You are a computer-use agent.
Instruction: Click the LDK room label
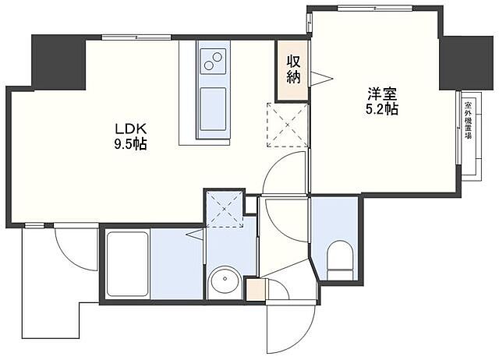129,129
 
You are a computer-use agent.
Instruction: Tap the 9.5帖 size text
129,144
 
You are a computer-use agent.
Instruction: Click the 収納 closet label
293,69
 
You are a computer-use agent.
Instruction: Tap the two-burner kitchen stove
211,58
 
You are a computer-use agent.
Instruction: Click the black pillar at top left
57,61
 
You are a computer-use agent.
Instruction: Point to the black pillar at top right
461,62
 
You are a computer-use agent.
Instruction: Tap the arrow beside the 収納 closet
319,76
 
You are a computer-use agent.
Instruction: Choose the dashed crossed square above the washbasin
224,207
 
